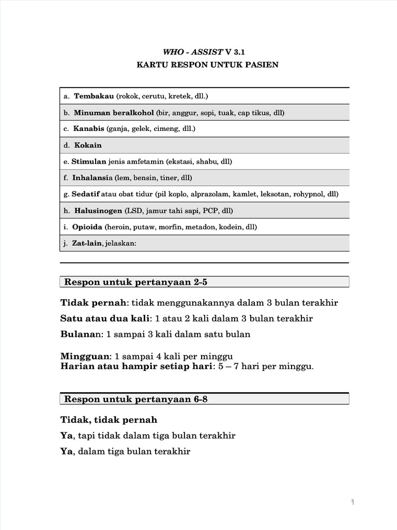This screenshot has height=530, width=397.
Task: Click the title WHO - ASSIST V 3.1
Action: coord(198,52)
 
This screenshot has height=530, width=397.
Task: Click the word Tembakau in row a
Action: coord(94,96)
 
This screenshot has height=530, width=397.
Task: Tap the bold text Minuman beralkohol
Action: coord(114,112)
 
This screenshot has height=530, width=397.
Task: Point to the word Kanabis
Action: coord(88,128)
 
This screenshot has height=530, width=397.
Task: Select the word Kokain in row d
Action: coord(88,145)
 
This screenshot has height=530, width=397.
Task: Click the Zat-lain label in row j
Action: coord(88,243)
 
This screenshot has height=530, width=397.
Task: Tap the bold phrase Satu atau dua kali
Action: coord(105,318)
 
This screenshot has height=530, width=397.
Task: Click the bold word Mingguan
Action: coord(85,356)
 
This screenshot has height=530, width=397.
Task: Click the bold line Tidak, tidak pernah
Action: coord(109,419)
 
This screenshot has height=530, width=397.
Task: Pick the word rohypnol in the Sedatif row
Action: coord(308,194)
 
